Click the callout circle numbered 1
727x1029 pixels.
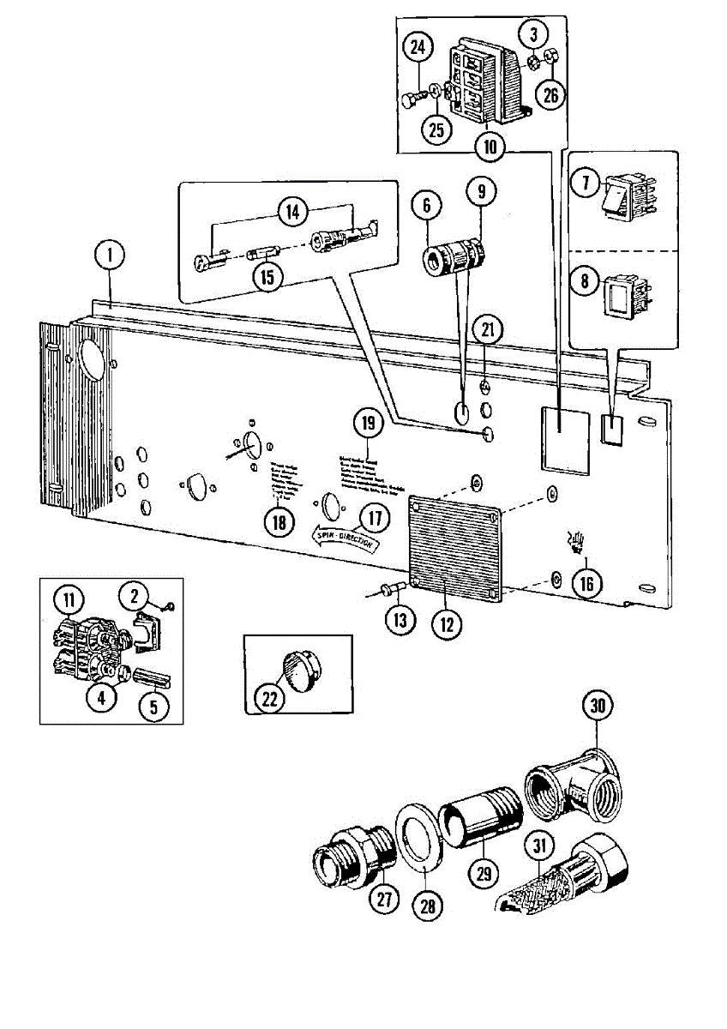[110, 256]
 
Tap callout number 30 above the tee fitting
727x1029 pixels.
[598, 708]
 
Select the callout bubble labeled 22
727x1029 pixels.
[270, 699]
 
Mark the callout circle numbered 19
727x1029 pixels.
[368, 424]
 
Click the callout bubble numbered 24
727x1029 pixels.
[418, 48]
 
